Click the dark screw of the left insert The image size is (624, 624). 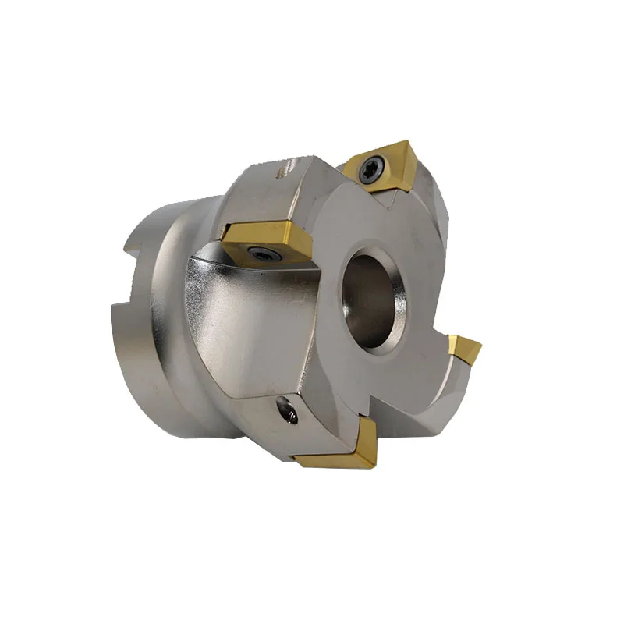(258, 251)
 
